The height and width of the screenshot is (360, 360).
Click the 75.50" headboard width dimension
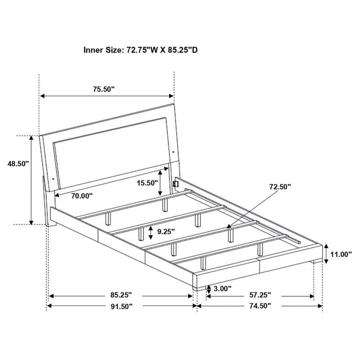coord(104,89)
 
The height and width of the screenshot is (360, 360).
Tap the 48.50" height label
coord(18,165)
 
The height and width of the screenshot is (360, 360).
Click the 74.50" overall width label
coord(260,306)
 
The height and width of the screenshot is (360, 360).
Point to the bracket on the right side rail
coord(176,182)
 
